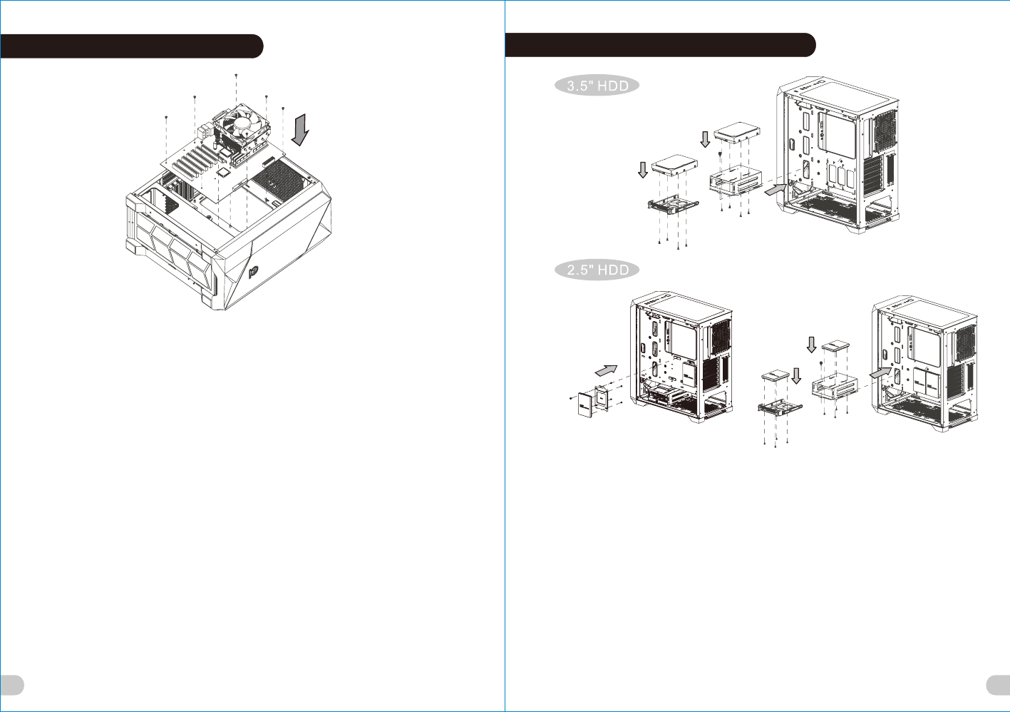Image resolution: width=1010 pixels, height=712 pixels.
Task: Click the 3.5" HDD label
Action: pos(597,86)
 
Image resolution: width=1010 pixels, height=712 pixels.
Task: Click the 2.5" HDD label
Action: pos(597,270)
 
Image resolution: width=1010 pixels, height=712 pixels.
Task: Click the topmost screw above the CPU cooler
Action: pos(236,75)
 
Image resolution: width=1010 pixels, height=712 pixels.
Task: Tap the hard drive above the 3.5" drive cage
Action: pos(737,131)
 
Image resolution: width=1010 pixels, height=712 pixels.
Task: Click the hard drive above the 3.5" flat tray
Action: pos(674,164)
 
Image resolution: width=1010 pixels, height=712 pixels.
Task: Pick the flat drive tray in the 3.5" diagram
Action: pos(673,204)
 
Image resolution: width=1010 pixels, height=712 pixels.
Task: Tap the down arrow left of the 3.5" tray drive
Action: pos(642,170)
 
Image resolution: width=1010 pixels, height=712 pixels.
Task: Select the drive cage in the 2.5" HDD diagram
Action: pos(833,386)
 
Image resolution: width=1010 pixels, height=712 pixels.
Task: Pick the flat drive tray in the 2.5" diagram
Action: pos(779,408)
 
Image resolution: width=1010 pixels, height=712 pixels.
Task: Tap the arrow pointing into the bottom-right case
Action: pos(880,372)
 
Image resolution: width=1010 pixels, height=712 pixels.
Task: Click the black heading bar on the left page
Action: pos(131,46)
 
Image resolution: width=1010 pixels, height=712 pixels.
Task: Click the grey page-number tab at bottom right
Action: pos(998,685)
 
